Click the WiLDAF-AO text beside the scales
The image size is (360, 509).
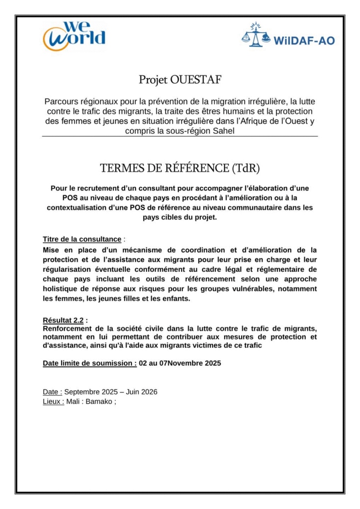coord(304,40)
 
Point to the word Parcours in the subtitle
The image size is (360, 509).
coord(61,101)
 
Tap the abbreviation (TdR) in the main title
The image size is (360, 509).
coord(245,168)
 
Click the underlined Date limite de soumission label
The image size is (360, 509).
coord(90,363)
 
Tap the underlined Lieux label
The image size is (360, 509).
coord(53,401)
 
